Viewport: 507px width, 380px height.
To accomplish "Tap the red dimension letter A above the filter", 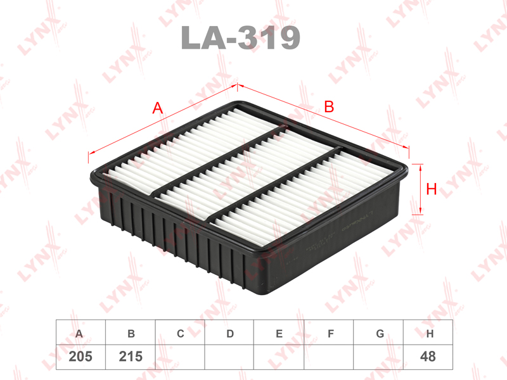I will click(x=158, y=108).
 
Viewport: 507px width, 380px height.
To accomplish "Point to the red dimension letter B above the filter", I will click(x=329, y=107).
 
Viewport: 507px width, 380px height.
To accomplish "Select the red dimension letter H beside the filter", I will click(x=432, y=189).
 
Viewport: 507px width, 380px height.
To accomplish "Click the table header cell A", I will click(x=79, y=333).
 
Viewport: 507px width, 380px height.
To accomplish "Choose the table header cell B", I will click(x=131, y=333).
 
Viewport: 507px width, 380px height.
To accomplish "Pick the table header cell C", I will click(x=180, y=333).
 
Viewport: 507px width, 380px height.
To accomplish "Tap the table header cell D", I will click(x=229, y=333).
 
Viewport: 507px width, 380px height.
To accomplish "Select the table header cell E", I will click(x=279, y=333).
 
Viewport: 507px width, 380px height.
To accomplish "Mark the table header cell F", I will click(x=329, y=333).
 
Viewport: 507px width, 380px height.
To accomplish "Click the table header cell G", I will click(x=378, y=333).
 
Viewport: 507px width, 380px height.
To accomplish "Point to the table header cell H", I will click(x=428, y=333).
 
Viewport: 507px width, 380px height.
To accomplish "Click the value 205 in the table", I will click(x=80, y=357).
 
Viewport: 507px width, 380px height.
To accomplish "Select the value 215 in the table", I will click(x=131, y=357).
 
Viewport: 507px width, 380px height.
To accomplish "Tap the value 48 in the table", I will click(x=428, y=357).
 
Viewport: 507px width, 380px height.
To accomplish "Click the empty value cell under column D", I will click(x=229, y=357).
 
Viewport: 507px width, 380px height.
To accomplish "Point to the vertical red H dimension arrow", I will click(x=419, y=189).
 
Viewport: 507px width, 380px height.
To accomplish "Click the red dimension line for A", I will click(x=127, y=136).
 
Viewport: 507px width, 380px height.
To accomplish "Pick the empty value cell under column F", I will click(x=329, y=357).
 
